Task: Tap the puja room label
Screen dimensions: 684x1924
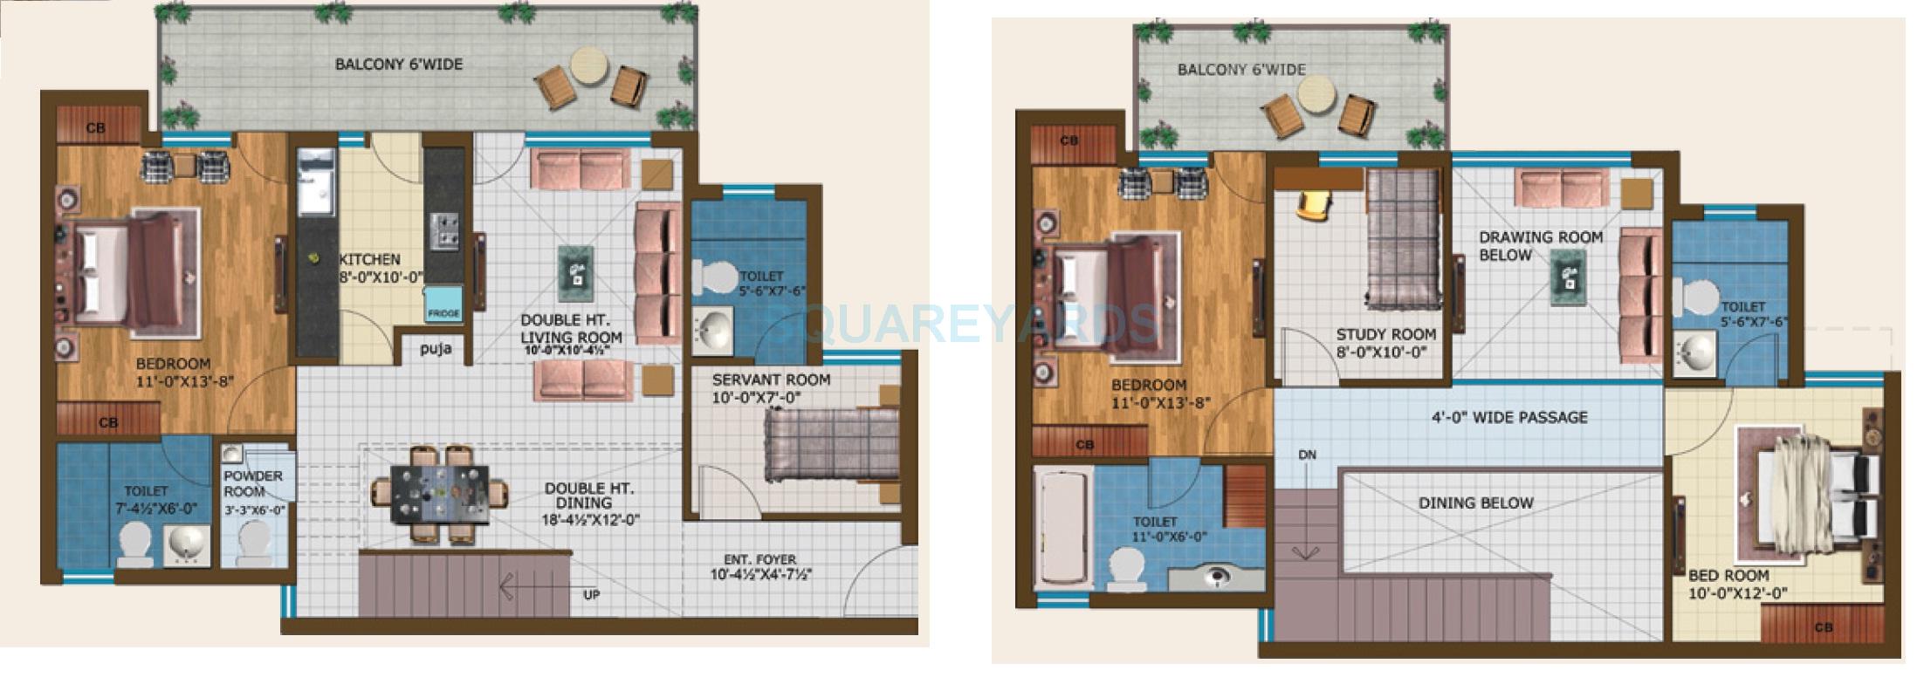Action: [436, 350]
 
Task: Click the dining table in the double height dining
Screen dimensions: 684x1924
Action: [440, 493]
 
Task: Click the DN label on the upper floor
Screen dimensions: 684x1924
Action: [1307, 455]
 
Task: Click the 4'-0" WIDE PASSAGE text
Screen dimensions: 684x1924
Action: [1509, 417]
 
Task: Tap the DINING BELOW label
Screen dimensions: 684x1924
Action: [1475, 503]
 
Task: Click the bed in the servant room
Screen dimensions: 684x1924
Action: [829, 444]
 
